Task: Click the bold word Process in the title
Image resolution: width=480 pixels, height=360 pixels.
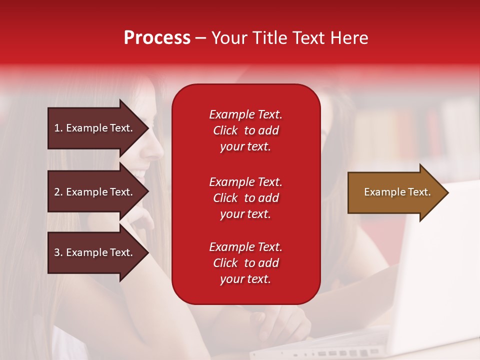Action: pyautogui.click(x=157, y=38)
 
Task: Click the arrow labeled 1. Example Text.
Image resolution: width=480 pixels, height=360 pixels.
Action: pyautogui.click(x=95, y=128)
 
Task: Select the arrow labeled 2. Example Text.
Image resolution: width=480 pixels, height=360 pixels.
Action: pyautogui.click(x=95, y=192)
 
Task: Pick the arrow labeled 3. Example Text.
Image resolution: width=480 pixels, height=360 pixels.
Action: pyautogui.click(x=95, y=252)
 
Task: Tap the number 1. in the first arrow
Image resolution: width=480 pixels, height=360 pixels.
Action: pyautogui.click(x=58, y=128)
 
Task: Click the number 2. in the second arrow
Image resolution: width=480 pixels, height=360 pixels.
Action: pyautogui.click(x=58, y=192)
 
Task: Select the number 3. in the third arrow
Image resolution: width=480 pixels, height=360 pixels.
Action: pyautogui.click(x=58, y=252)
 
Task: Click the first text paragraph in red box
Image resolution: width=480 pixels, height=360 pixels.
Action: pyautogui.click(x=245, y=130)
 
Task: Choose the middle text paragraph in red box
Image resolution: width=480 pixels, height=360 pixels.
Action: pyautogui.click(x=245, y=198)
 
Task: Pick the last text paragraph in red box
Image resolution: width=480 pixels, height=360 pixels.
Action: pyautogui.click(x=245, y=263)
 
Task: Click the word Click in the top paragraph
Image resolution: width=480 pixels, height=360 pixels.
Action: pyautogui.click(x=225, y=130)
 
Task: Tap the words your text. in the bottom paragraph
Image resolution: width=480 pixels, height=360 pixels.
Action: pyautogui.click(x=245, y=279)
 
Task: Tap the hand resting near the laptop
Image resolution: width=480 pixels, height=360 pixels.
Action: pyautogui.click(x=280, y=325)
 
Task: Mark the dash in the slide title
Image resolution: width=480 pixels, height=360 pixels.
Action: pyautogui.click(x=200, y=38)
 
